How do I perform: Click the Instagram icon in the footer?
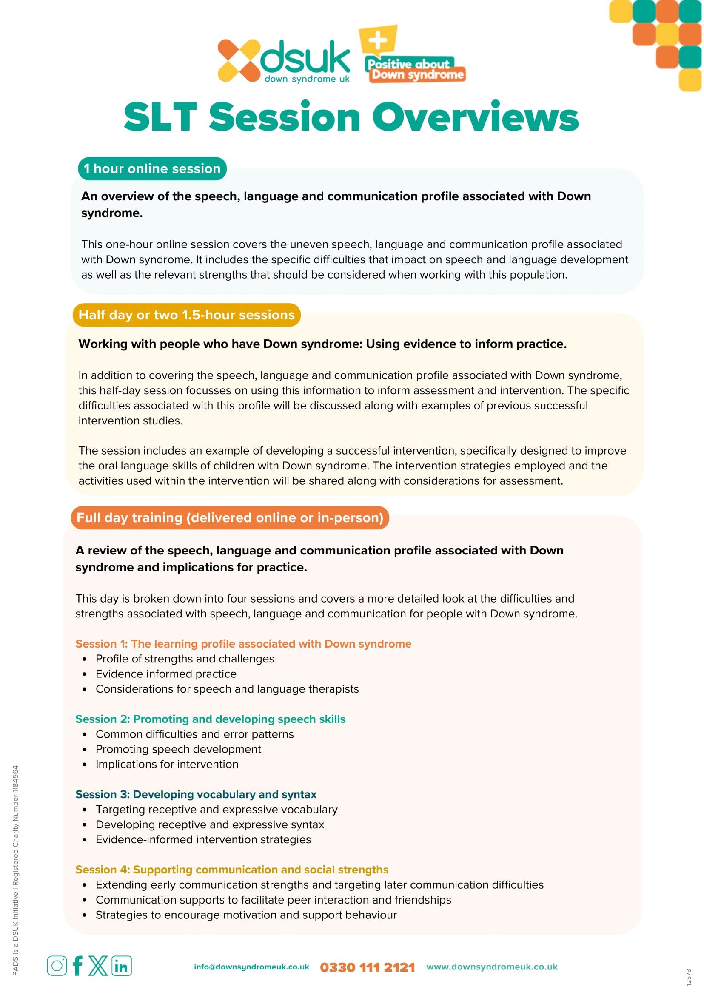(x=57, y=966)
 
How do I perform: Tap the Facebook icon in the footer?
(x=78, y=966)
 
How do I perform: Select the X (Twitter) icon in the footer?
(x=98, y=966)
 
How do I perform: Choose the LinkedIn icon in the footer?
(x=121, y=966)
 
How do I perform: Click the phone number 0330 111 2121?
(x=367, y=967)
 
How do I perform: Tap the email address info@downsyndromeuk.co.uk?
(x=251, y=967)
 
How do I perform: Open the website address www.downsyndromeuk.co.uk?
(x=492, y=967)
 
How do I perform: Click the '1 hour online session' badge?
(x=152, y=168)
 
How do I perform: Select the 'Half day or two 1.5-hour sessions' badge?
(x=186, y=315)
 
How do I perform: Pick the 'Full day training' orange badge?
(x=230, y=517)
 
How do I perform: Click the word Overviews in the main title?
(x=475, y=117)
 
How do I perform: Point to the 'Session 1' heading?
(x=243, y=643)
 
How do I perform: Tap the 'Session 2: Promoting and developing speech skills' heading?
(x=210, y=719)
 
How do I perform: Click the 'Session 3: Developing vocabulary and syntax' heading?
(x=196, y=794)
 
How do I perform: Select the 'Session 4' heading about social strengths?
(x=232, y=869)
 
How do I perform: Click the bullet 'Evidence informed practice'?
(x=166, y=674)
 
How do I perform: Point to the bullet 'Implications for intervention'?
(x=167, y=764)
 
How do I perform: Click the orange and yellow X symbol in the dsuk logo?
(x=238, y=61)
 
